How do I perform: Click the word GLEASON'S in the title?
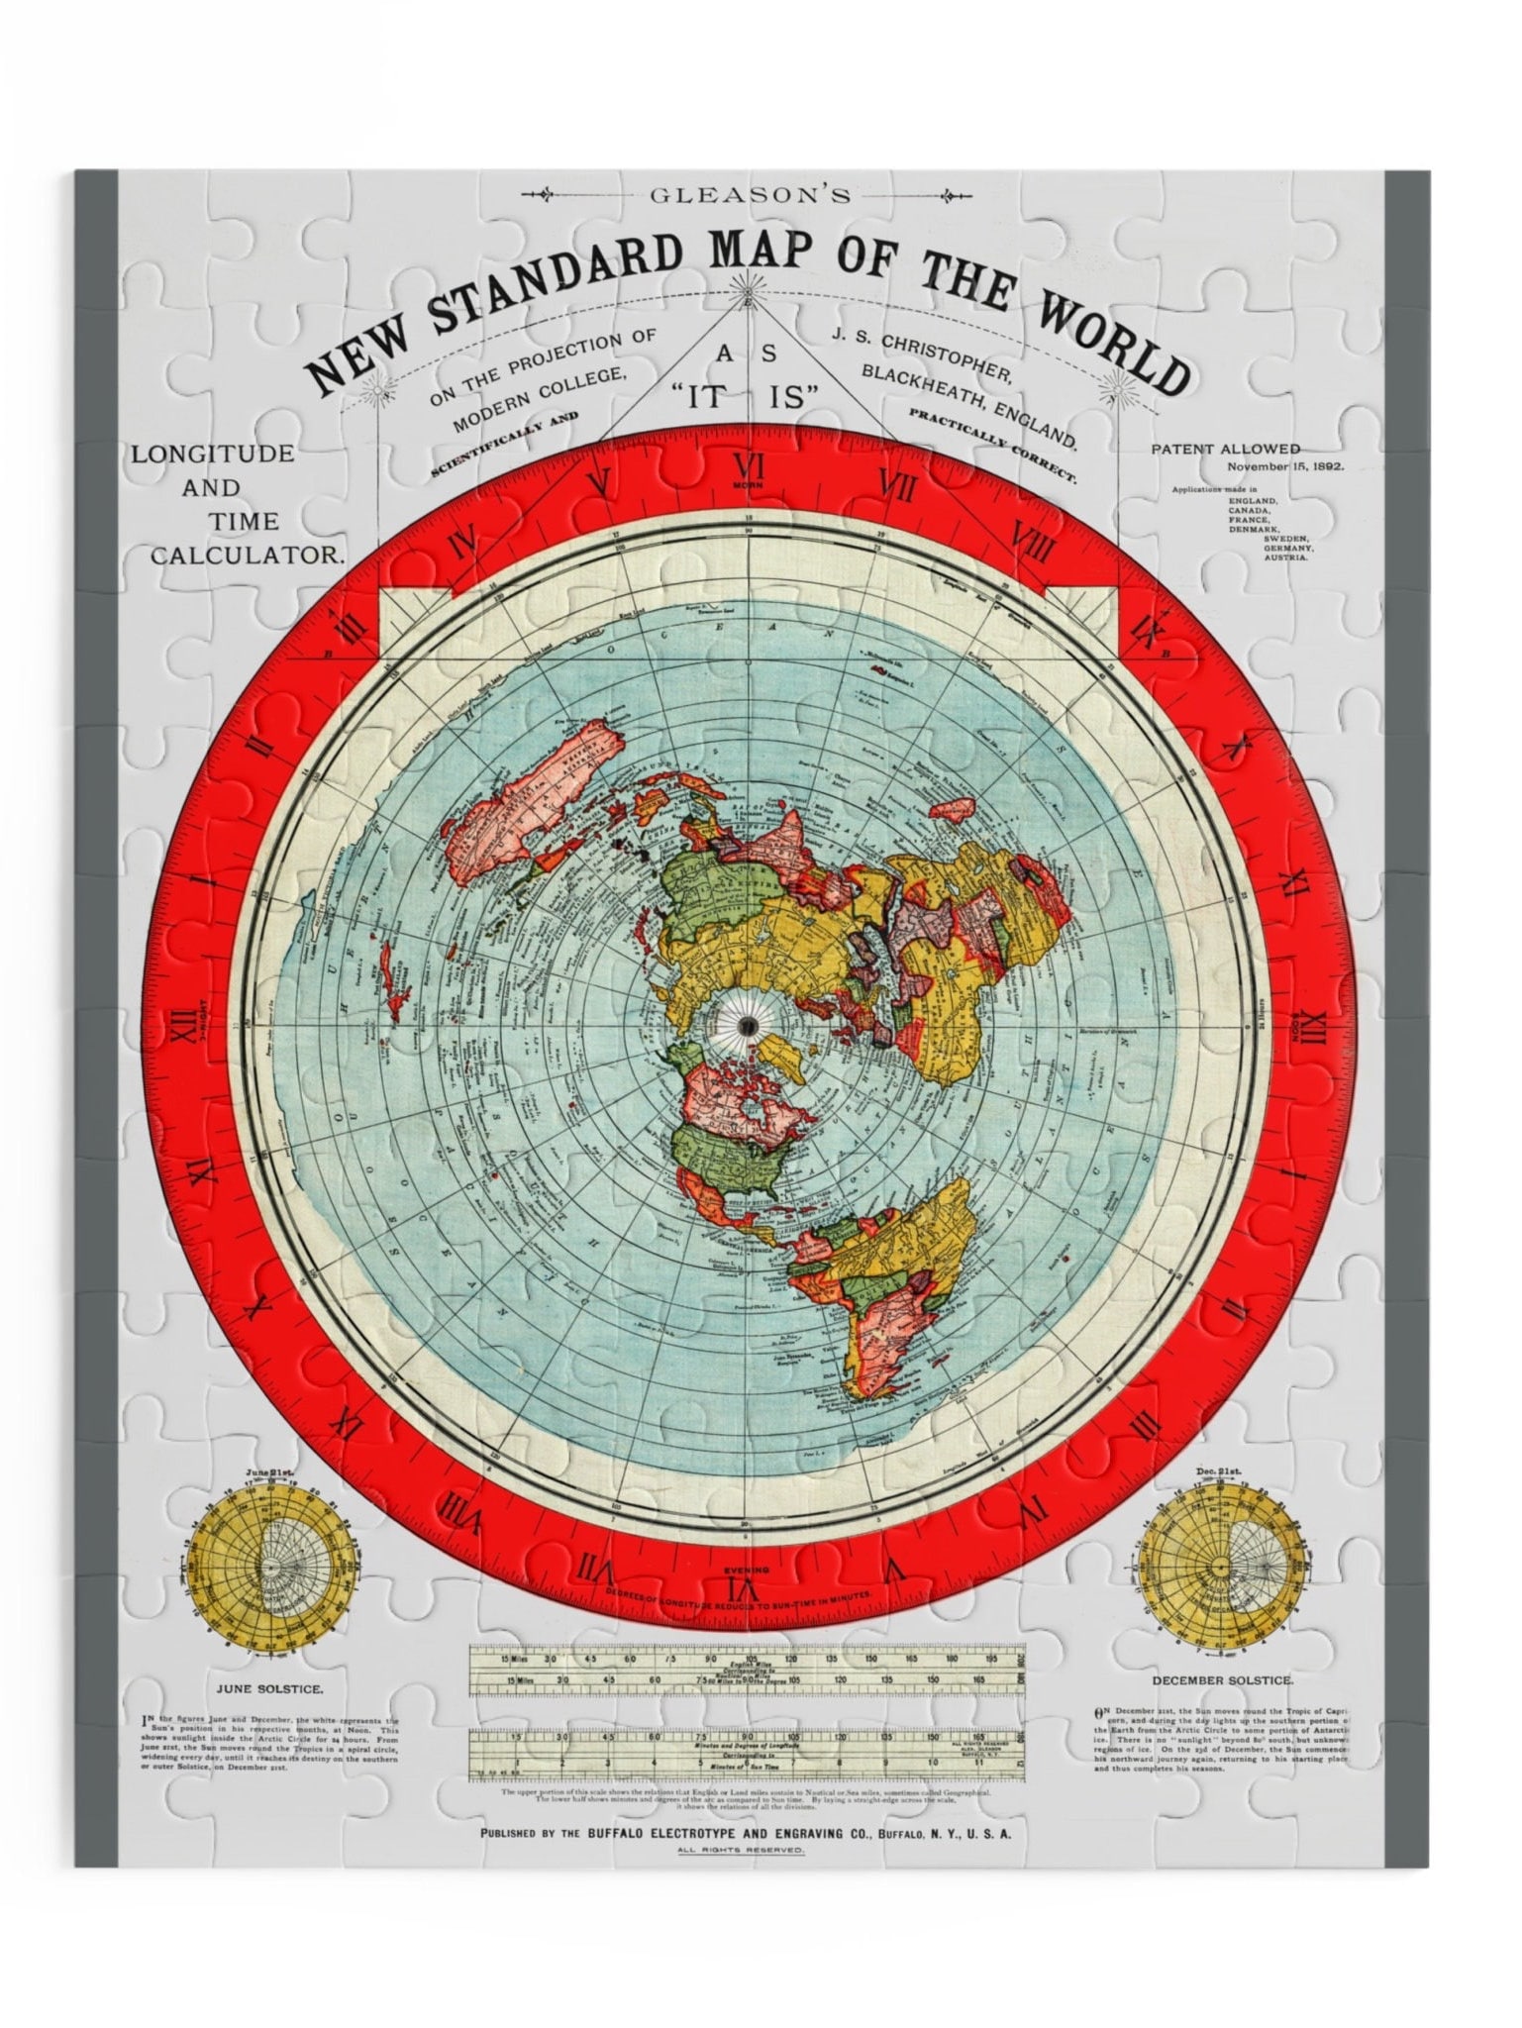(750, 195)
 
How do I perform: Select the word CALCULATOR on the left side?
(247, 556)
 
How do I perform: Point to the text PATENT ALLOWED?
(1225, 449)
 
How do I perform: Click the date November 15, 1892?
(1285, 466)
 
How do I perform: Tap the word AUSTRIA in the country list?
(1285, 558)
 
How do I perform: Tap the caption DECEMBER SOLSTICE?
(1221, 1680)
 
